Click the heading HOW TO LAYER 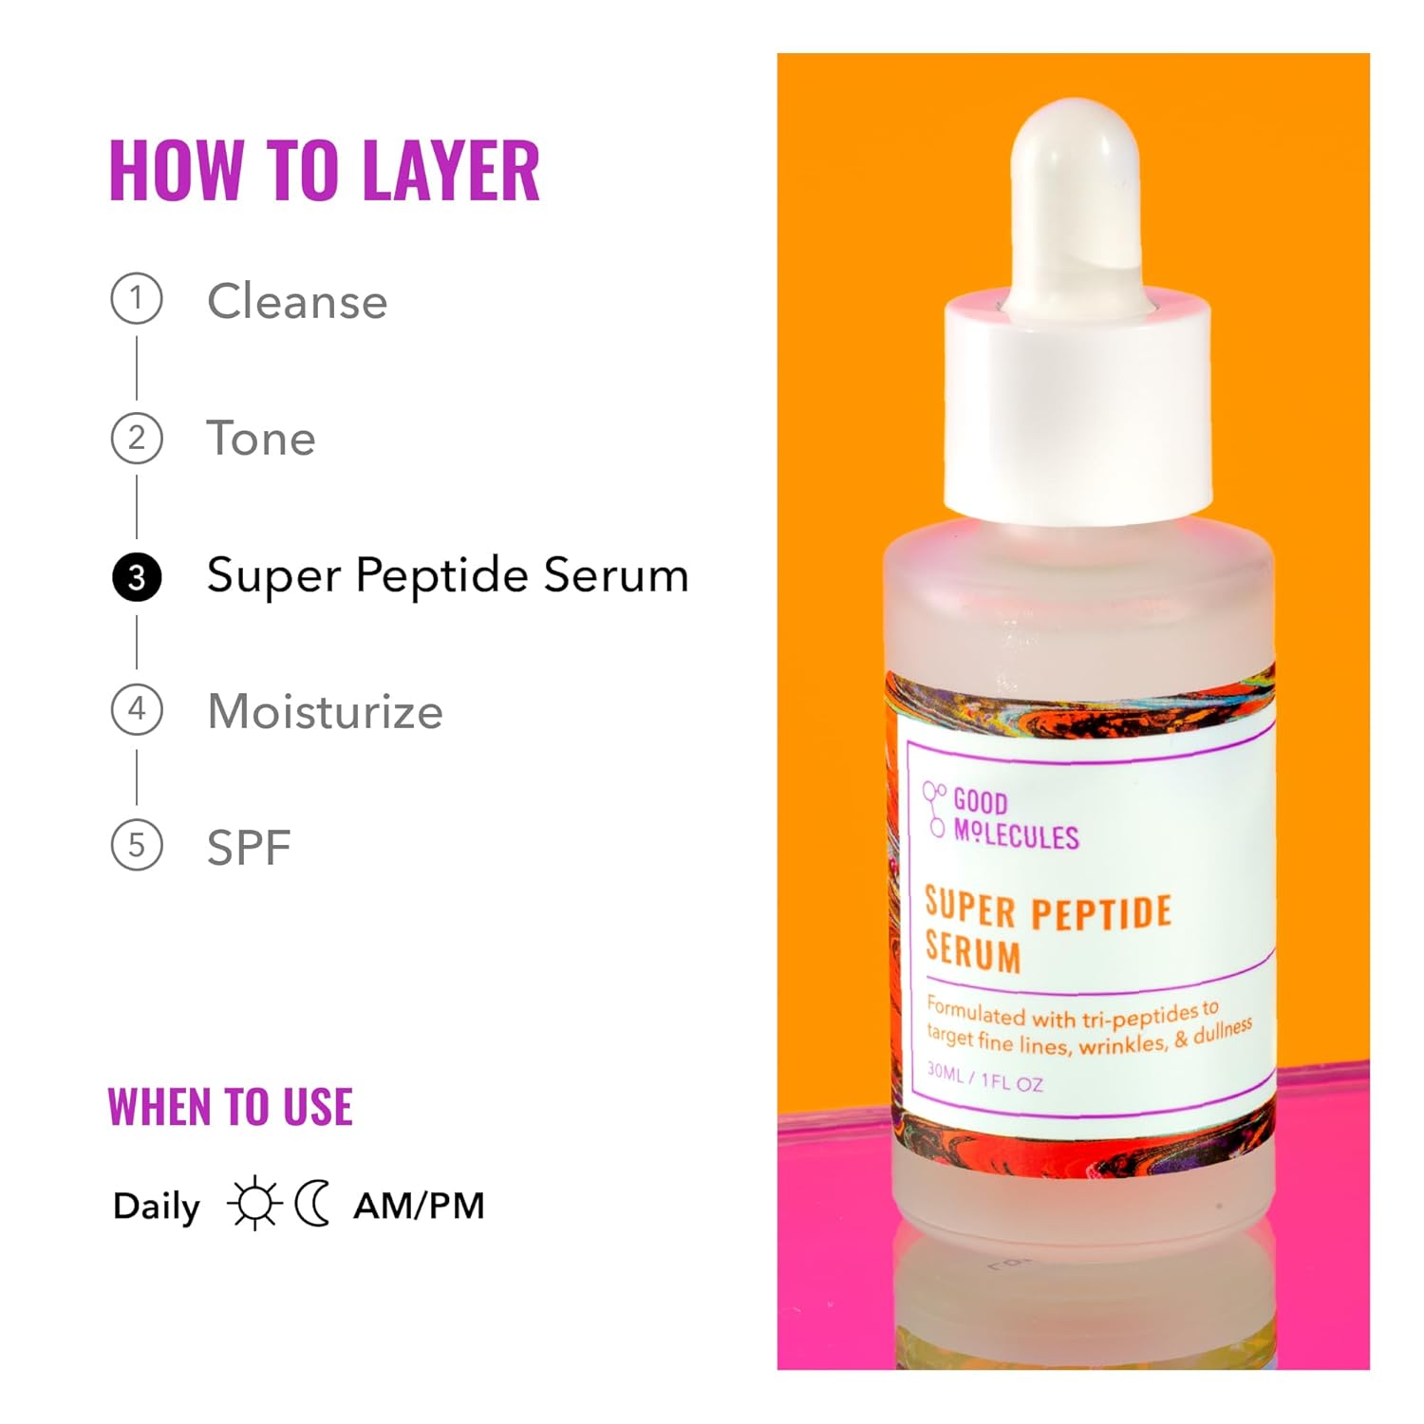click(x=324, y=171)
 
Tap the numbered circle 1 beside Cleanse click(x=137, y=299)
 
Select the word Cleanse click(x=297, y=302)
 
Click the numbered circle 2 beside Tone click(x=137, y=438)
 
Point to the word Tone click(x=261, y=439)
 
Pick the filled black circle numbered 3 click(x=137, y=577)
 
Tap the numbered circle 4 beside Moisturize click(x=137, y=709)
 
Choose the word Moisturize click(x=325, y=711)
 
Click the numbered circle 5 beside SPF click(x=137, y=845)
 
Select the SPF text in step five click(x=249, y=847)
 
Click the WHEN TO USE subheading click(x=230, y=1107)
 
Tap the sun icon click(x=254, y=1204)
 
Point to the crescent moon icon click(x=312, y=1204)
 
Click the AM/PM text click(x=419, y=1206)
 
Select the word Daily click(x=157, y=1207)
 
